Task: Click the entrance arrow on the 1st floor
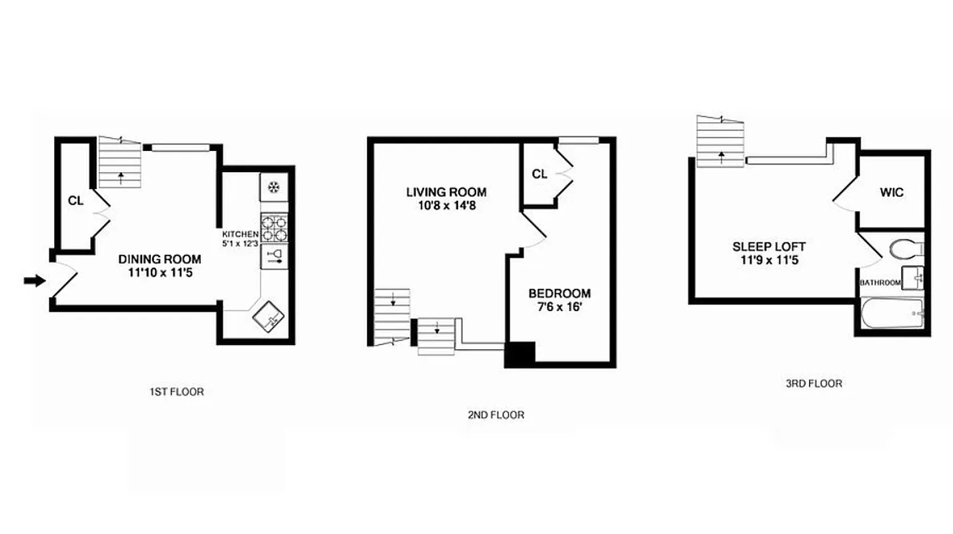click(31, 281)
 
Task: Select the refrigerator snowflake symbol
click(273, 188)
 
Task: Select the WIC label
click(891, 193)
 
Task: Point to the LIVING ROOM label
click(446, 192)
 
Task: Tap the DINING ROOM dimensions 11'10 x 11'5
click(159, 272)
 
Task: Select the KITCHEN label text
click(240, 234)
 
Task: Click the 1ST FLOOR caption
click(176, 392)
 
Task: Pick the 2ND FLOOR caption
click(496, 415)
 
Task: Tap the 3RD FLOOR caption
click(814, 383)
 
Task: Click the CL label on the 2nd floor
click(540, 174)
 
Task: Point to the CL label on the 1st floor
click(75, 200)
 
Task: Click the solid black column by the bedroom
click(520, 354)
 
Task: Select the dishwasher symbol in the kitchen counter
click(273, 256)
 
